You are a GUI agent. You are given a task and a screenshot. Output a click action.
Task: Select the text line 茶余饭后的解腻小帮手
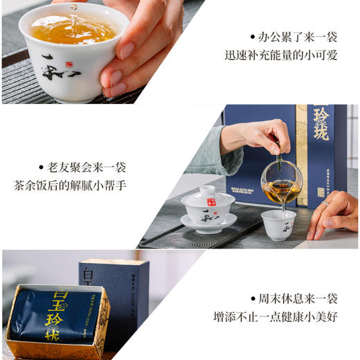point(70,186)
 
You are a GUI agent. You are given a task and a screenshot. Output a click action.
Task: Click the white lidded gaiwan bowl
point(208,204)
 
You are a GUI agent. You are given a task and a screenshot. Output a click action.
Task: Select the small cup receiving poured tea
point(278,224)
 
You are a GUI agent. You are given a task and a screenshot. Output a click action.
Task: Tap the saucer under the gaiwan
point(208,223)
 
